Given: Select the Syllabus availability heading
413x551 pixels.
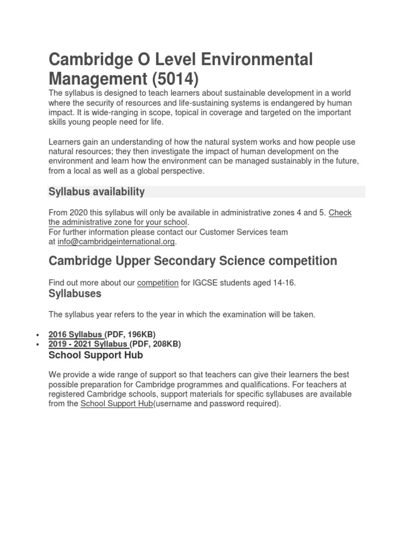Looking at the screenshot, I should (x=96, y=192).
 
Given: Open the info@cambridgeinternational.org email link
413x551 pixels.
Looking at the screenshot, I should (x=116, y=242).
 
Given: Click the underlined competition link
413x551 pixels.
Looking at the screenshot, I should (x=158, y=282).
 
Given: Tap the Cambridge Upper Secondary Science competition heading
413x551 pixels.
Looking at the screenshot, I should (x=193, y=261).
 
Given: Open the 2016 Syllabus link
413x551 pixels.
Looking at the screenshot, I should (x=76, y=334).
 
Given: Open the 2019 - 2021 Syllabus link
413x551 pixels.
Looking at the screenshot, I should (x=88, y=344).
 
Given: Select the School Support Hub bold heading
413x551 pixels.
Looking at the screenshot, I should (x=96, y=355).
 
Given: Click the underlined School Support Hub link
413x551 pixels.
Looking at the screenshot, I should (x=117, y=404).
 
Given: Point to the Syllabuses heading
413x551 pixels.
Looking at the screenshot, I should (x=75, y=294).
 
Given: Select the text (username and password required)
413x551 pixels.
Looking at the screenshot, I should (x=217, y=404).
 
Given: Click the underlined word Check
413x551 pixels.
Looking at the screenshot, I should (x=340, y=213).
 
